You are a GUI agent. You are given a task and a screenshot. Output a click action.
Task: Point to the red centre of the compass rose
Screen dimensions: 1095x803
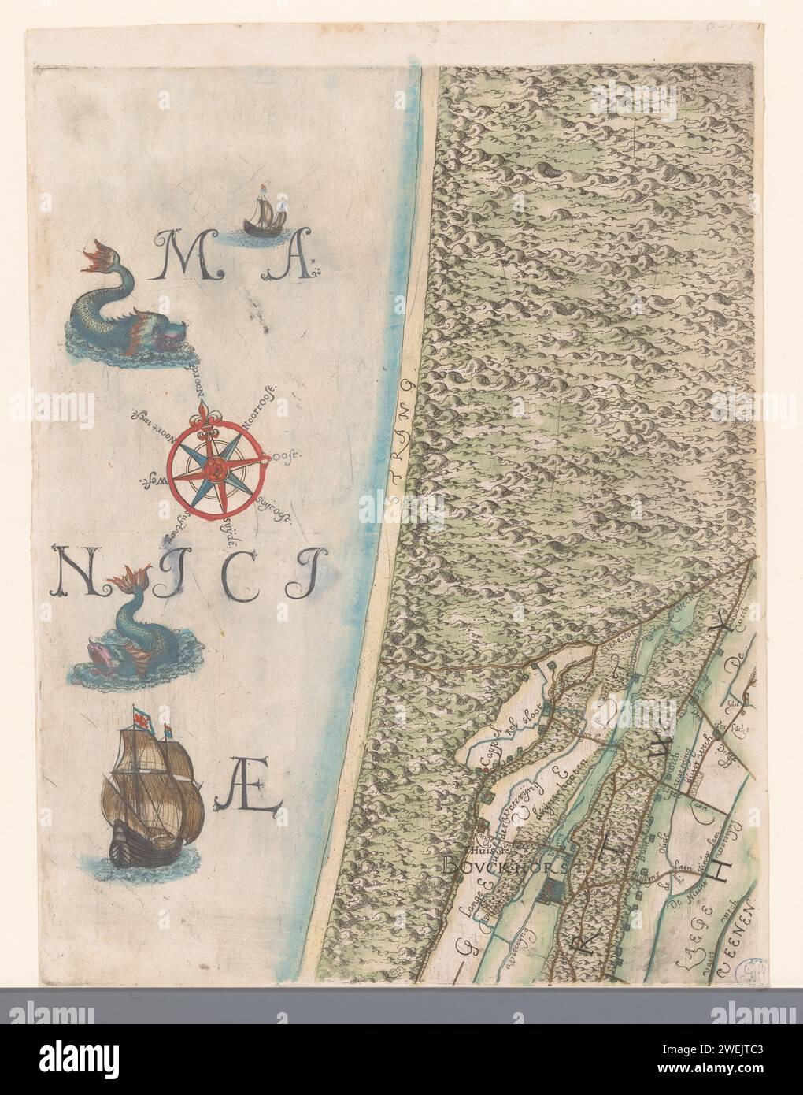213,469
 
